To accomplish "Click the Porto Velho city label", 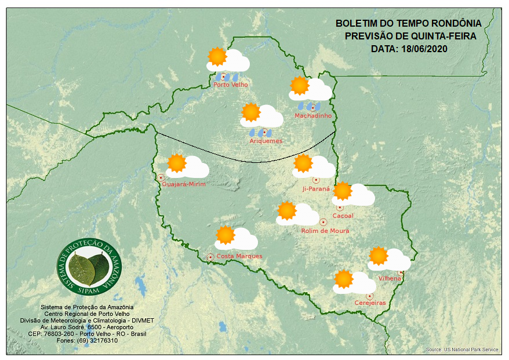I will (x=231, y=85).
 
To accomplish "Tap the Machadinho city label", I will (x=313, y=116).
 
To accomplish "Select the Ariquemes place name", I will (x=266, y=141).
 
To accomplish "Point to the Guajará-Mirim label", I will (x=184, y=184).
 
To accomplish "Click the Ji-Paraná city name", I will (x=316, y=189).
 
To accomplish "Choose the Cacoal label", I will (x=343, y=216).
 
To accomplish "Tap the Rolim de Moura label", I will (x=325, y=231).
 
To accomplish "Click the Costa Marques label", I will (x=239, y=256).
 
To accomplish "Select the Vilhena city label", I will (x=390, y=279).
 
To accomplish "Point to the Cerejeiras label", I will (x=370, y=303).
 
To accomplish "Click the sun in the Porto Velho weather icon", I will (x=217, y=56).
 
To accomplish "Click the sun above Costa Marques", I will (x=225, y=235).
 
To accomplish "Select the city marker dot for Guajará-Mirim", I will (x=161, y=177).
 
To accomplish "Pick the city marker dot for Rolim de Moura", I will (x=323, y=221).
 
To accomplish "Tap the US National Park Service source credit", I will (x=462, y=350).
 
